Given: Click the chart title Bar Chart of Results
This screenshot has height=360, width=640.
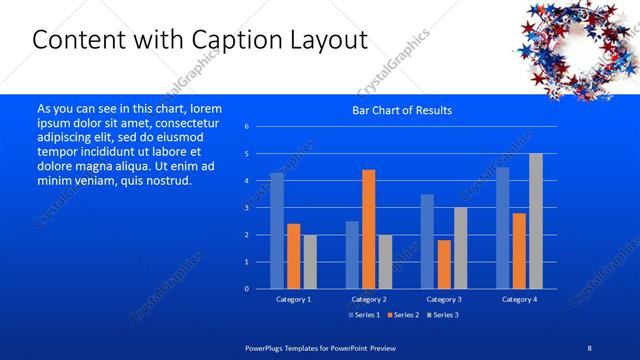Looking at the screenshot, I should tap(401, 110).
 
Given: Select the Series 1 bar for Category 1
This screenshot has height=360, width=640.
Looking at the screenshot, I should tap(277, 230).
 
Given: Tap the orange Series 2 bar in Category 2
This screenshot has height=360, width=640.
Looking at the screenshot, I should tap(368, 229).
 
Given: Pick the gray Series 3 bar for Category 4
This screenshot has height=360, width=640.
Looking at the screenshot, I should tap(535, 221).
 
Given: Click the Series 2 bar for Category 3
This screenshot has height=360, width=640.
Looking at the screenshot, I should tap(444, 264).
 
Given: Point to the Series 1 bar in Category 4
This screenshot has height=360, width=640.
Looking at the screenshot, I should tap(502, 227).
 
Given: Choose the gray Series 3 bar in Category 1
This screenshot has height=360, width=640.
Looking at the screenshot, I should tap(310, 261).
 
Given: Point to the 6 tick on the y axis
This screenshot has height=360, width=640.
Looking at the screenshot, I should tap(247, 127).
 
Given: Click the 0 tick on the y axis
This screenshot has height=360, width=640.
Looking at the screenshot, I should tap(247, 289).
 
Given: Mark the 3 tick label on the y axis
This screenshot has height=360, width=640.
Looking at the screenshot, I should tap(247, 208).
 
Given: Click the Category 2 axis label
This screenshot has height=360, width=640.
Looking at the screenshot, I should tap(368, 299).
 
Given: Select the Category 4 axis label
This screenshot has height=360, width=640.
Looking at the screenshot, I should tap(519, 299).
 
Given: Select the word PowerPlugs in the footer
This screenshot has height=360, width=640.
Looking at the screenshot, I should tap(266, 347).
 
